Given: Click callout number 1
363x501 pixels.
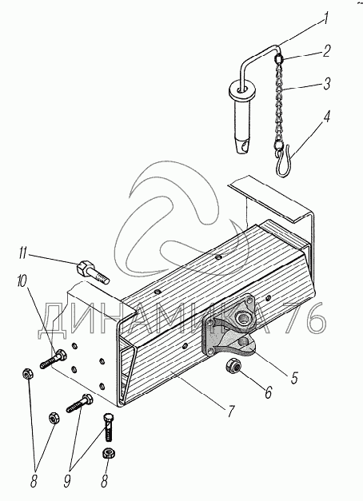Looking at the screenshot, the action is tap(325, 19).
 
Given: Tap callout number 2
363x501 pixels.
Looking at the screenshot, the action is tap(325, 51).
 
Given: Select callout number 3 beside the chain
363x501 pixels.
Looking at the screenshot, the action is tap(326, 83).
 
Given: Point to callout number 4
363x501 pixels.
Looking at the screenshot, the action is tap(325, 117).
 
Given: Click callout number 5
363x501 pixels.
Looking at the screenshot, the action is tap(294, 378).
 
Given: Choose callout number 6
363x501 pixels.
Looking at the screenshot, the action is tap(268, 392).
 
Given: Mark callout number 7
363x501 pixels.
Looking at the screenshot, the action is tap(230, 412).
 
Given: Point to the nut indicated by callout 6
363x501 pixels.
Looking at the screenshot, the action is tap(233, 366).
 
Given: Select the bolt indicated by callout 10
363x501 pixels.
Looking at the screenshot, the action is tap(53, 360).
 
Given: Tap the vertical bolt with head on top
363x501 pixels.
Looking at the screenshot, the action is tap(109, 427).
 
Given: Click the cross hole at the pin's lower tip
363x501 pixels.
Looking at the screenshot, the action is tap(245, 147).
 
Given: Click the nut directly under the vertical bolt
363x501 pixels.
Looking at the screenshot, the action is tap(109, 453).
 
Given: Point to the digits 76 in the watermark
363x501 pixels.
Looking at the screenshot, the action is tap(306, 319).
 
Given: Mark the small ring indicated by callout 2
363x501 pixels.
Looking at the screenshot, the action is tap(279, 59).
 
